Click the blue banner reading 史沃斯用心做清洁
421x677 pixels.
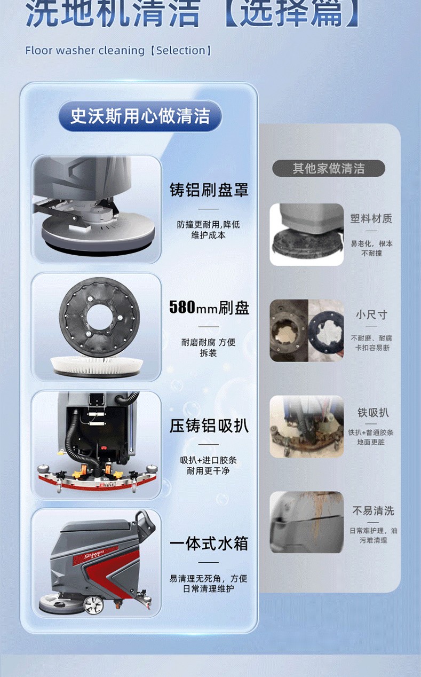[x=140, y=116]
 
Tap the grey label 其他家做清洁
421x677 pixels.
[x=329, y=168]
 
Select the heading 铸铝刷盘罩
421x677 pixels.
[x=209, y=190]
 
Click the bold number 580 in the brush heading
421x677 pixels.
[x=182, y=307]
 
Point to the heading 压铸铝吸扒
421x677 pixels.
[x=209, y=426]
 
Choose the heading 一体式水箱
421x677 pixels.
[x=209, y=544]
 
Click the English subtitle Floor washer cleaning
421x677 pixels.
[x=85, y=51]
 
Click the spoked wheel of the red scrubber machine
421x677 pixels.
[x=93, y=604]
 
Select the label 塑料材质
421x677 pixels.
[x=371, y=218]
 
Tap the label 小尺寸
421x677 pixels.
[x=371, y=314]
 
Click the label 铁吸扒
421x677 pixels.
[x=373, y=412]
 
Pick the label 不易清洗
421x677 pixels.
[x=374, y=510]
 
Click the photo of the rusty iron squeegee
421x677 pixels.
[x=306, y=427]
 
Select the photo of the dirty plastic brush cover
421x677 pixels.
[x=306, y=234]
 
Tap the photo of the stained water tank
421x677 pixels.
[x=306, y=522]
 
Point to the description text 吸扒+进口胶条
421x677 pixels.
[x=209, y=460]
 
